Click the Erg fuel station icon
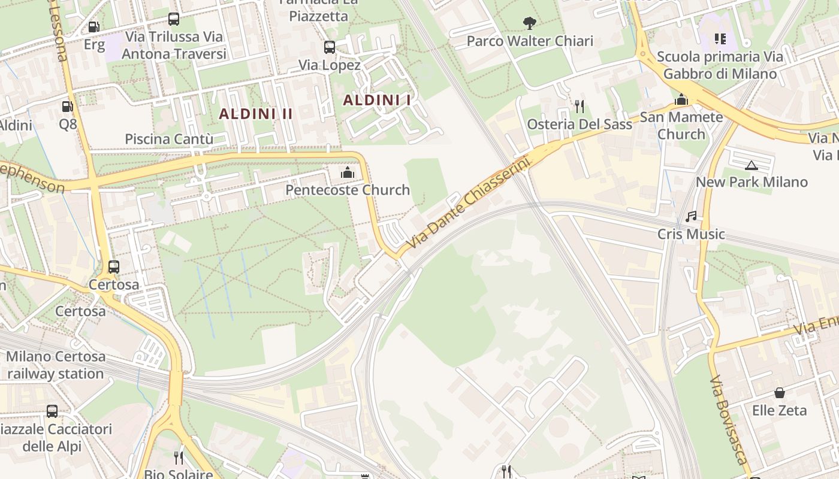pyautogui.click(x=93, y=26)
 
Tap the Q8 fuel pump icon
pyautogui.click(x=68, y=107)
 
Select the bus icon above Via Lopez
pyautogui.click(x=329, y=47)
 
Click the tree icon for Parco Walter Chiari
pyautogui.click(x=529, y=23)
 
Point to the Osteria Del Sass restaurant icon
pyautogui.click(x=579, y=107)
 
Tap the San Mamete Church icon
pyautogui.click(x=681, y=99)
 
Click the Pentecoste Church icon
pyautogui.click(x=347, y=173)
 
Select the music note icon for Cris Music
pyautogui.click(x=691, y=217)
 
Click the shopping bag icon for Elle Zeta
pyautogui.click(x=779, y=393)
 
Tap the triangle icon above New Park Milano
pyautogui.click(x=751, y=165)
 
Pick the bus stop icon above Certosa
pyautogui.click(x=114, y=267)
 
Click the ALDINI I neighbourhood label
pyautogui.click(x=377, y=101)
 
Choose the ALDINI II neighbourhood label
pyautogui.click(x=256, y=114)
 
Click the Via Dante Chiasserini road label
pyautogui.click(x=469, y=204)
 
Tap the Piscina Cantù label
pyautogui.click(x=169, y=139)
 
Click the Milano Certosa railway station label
pyautogui.click(x=56, y=365)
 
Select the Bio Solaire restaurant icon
pyautogui.click(x=178, y=458)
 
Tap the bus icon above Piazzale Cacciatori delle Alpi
pyautogui.click(x=52, y=411)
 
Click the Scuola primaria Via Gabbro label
pyautogui.click(x=719, y=65)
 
